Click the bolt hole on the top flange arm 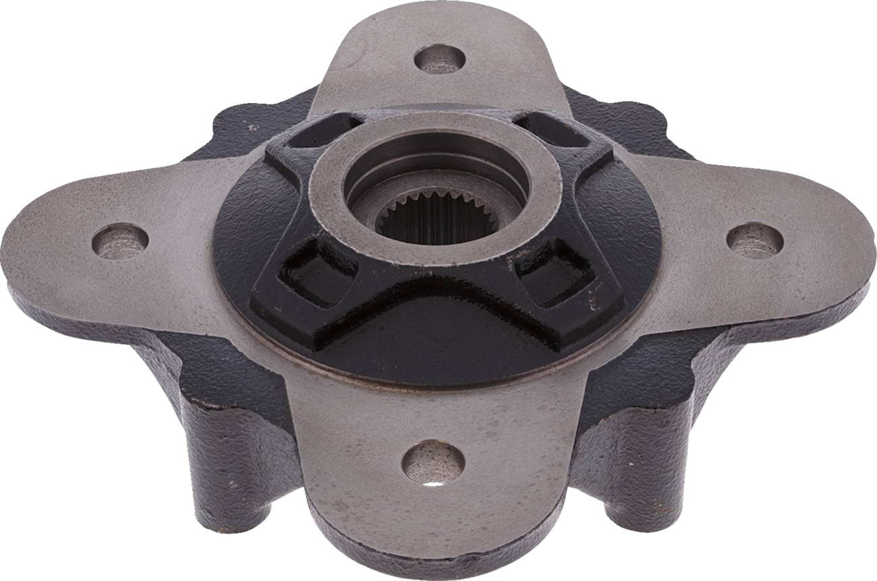click(440, 59)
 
